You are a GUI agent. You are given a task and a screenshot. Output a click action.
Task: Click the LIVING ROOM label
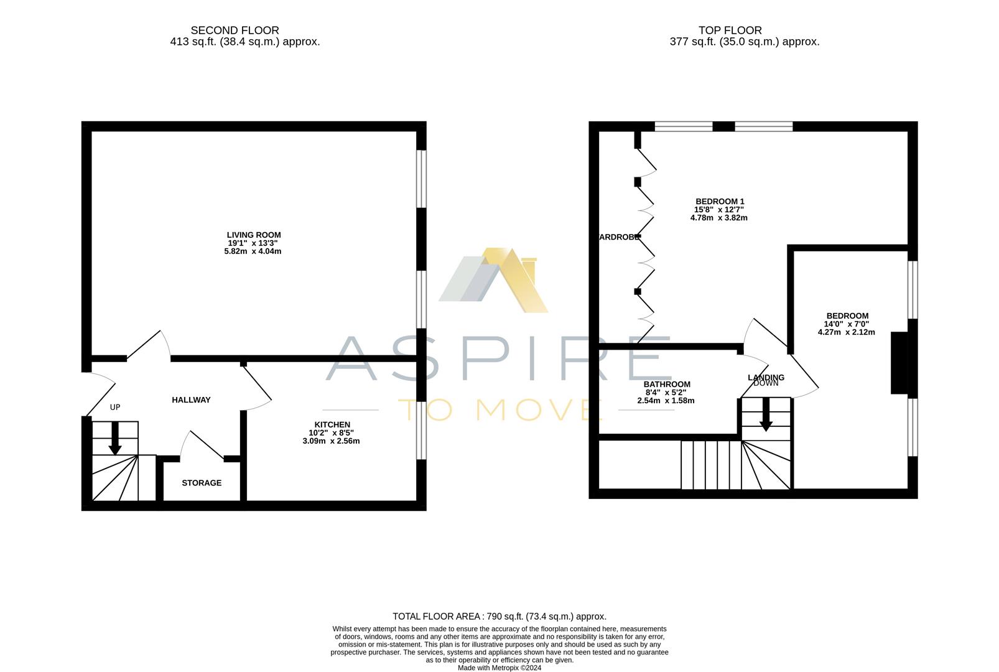pyautogui.click(x=254, y=235)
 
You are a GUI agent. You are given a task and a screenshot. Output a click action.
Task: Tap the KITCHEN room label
pyautogui.click(x=332, y=425)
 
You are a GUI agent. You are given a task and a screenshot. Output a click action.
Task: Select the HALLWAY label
pyautogui.click(x=191, y=400)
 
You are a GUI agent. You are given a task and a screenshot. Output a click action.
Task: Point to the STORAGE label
pyautogui.click(x=202, y=483)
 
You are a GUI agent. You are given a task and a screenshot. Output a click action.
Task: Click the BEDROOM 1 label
pyautogui.click(x=720, y=202)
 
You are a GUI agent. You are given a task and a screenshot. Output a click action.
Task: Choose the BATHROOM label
pyautogui.click(x=667, y=385)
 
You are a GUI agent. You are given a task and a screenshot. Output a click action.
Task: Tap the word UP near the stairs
pyautogui.click(x=115, y=408)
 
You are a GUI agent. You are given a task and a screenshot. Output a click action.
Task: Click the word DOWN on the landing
pyautogui.click(x=766, y=384)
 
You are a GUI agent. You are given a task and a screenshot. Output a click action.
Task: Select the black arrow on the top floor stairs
pyautogui.click(x=766, y=415)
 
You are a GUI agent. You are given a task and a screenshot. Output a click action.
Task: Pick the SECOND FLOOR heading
pyautogui.click(x=235, y=30)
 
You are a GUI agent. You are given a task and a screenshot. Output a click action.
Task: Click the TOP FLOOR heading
pyautogui.click(x=730, y=30)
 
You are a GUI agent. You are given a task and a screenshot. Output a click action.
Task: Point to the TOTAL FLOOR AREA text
pyautogui.click(x=500, y=617)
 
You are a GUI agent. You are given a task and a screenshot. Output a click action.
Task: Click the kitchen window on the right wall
pyautogui.click(x=422, y=429)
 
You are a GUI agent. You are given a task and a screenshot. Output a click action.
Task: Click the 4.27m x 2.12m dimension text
pyautogui.click(x=846, y=332)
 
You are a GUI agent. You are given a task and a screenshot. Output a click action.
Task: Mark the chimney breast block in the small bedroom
pyautogui.click(x=899, y=363)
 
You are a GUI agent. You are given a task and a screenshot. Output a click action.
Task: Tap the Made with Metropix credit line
pyautogui.click(x=500, y=668)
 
